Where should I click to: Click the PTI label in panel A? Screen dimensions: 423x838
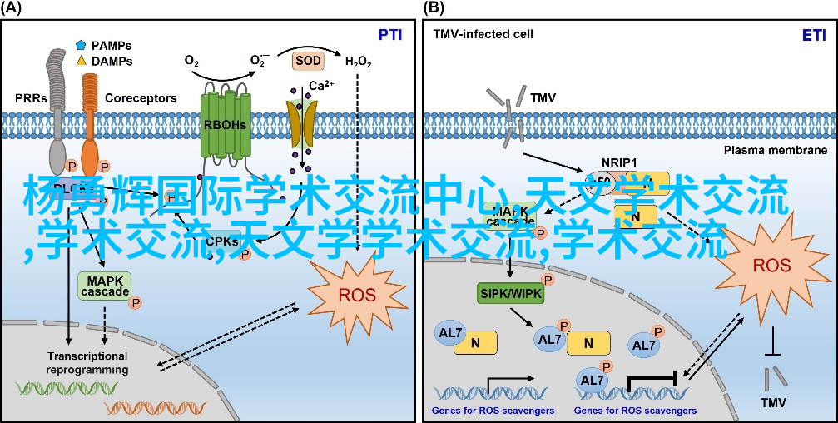point(390,35)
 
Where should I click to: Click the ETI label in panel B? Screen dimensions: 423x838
point(814,35)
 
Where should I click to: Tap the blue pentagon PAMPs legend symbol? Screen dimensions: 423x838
point(81,45)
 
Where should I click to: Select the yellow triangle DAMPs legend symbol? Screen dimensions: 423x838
point(81,61)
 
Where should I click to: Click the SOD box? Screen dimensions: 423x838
point(307,61)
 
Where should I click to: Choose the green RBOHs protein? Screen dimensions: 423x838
point(226,125)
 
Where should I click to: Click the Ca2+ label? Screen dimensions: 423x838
point(321,86)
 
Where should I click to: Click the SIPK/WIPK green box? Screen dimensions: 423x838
point(508,292)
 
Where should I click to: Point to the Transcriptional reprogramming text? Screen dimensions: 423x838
point(87,362)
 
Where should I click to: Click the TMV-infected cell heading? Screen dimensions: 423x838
point(483,35)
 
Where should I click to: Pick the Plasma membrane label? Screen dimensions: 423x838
point(774,150)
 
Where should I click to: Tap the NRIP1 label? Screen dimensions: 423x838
point(620,162)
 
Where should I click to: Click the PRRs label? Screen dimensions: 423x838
point(31,97)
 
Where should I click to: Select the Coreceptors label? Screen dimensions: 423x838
point(141,97)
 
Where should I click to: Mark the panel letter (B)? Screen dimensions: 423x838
point(434,8)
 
